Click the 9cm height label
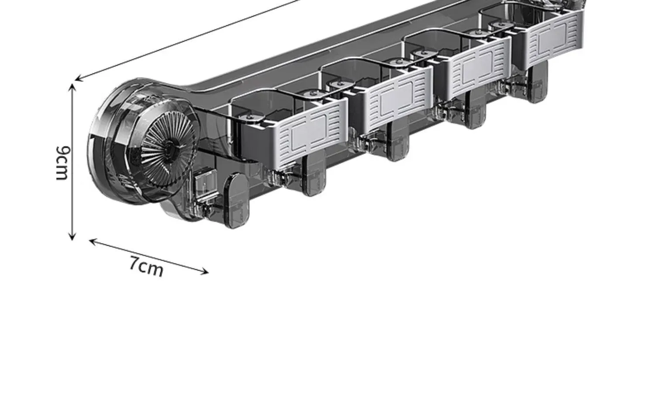[x=63, y=163]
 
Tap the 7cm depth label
[x=146, y=267]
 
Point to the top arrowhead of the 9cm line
[x=72, y=87]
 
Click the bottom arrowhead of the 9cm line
[x=72, y=237]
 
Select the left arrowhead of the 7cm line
[x=93, y=241]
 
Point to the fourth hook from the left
[x=475, y=110]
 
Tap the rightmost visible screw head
[x=501, y=25]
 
